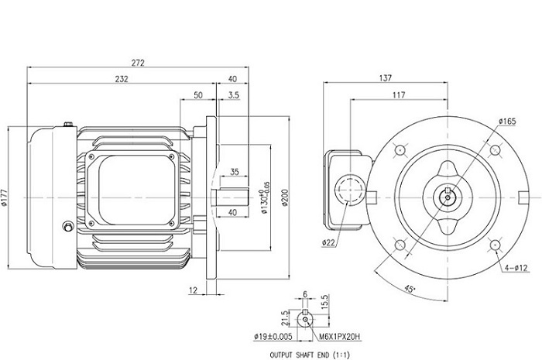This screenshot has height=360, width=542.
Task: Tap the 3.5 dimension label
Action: click(234, 94)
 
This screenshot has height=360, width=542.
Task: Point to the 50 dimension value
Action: click(197, 94)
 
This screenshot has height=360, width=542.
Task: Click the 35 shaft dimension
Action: click(234, 171)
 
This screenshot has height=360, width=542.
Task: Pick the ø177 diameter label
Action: click(6, 199)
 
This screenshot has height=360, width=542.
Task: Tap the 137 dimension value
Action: click(385, 77)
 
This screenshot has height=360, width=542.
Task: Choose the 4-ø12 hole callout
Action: click(516, 268)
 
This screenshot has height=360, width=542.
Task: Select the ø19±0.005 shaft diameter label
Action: click(274, 338)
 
